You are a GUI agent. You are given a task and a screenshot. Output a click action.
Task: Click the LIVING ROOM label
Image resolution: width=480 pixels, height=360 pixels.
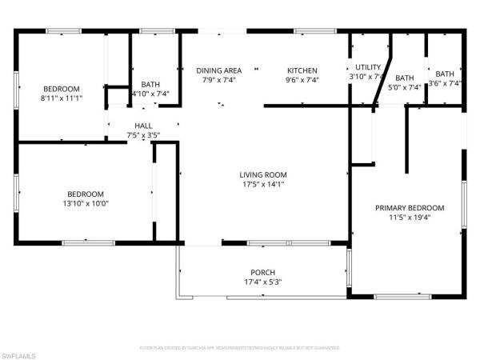click(263, 174)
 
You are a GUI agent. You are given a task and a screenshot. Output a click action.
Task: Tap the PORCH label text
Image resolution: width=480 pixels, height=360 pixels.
click(263, 271)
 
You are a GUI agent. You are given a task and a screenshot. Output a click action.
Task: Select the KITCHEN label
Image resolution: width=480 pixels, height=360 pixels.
click(302, 70)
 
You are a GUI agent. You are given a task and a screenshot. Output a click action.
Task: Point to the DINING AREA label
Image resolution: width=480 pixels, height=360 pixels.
click(219, 70)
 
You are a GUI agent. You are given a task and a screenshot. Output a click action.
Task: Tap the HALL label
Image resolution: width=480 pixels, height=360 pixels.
click(143, 126)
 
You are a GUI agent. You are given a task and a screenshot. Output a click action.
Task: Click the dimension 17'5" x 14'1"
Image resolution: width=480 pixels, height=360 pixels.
click(263, 184)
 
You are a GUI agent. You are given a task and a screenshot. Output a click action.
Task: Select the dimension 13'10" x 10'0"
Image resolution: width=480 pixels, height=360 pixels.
click(85, 203)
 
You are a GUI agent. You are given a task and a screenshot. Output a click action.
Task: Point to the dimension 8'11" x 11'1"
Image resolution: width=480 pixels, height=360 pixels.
click(62, 98)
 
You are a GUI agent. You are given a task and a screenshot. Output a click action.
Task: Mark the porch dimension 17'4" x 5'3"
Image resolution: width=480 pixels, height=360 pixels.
click(263, 281)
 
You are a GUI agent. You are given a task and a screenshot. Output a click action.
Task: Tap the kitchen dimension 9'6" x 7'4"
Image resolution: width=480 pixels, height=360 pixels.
click(302, 80)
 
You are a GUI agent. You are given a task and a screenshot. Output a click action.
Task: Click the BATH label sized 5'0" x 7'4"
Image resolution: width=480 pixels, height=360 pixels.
click(404, 78)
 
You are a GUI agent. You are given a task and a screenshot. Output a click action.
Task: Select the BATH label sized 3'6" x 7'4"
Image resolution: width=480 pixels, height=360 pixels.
click(445, 74)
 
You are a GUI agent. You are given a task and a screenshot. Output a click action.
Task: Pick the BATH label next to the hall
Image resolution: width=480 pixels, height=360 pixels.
click(150, 85)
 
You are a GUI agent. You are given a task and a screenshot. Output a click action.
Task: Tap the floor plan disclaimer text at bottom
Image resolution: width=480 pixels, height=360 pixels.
click(240, 348)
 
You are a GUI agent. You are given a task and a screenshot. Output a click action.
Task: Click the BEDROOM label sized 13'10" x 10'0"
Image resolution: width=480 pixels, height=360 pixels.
click(85, 194)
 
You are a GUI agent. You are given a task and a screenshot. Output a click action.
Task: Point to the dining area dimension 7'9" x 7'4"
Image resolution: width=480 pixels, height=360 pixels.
click(219, 80)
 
